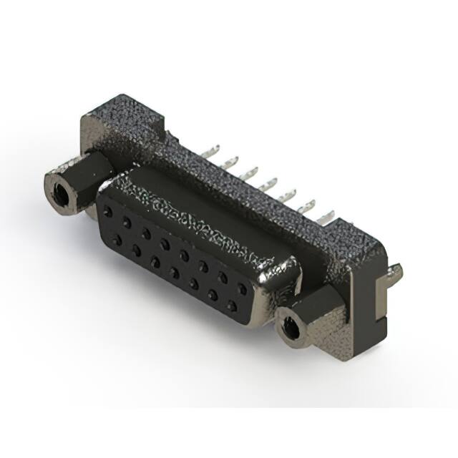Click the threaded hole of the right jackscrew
291,328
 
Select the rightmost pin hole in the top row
243,287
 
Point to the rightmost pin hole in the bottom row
232,306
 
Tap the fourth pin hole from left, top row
165,244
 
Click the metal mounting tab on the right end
396,272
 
